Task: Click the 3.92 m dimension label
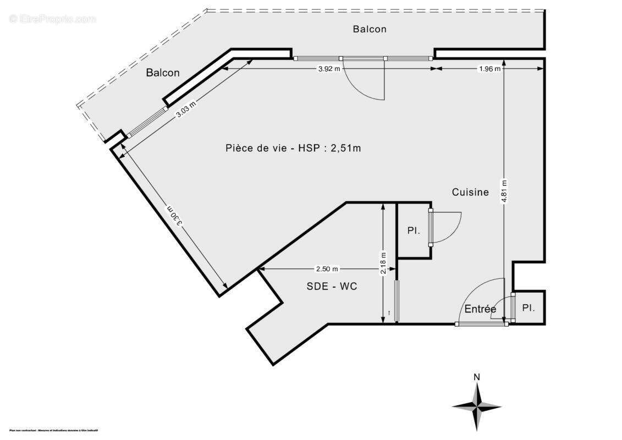[329, 69]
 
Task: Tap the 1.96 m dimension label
[489, 69]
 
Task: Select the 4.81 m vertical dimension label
[504, 191]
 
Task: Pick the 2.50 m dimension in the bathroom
[327, 269]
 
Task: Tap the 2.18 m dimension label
[384, 263]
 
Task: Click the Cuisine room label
[470, 192]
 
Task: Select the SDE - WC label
[332, 286]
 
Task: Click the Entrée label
[480, 309]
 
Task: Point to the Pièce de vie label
[293, 147]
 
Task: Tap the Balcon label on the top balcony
[370, 29]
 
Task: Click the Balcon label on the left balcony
[163, 73]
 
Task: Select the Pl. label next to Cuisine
[414, 231]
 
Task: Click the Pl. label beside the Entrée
[529, 308]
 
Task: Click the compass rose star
[477, 406]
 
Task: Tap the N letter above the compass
[477, 377]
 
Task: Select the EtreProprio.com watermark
[52, 19]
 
